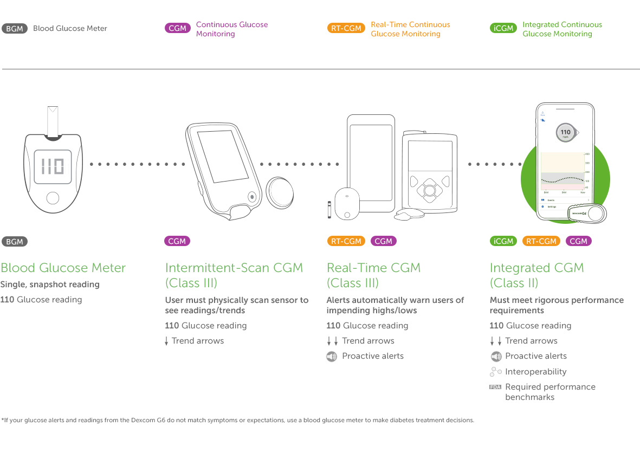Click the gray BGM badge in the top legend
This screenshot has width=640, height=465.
click(x=15, y=29)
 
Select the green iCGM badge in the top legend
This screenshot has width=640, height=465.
click(x=503, y=29)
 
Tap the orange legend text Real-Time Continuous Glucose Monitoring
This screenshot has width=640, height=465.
click(x=410, y=29)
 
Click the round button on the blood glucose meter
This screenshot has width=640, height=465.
click(x=53, y=198)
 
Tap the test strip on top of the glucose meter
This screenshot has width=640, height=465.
click(x=53, y=122)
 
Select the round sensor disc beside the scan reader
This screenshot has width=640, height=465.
click(x=280, y=193)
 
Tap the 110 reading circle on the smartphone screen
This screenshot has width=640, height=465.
click(x=565, y=133)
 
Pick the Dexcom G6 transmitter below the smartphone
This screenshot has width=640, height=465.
click(x=587, y=214)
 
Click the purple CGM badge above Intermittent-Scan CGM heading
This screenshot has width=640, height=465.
click(x=177, y=241)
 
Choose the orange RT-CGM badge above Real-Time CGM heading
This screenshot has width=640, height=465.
click(x=346, y=241)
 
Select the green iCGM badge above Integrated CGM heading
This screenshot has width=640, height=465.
click(x=503, y=241)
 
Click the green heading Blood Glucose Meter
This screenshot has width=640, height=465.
click(x=63, y=268)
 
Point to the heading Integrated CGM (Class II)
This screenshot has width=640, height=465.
click(x=536, y=275)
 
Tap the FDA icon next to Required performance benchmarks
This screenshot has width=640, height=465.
click(x=495, y=387)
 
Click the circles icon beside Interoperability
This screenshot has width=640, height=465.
click(x=495, y=372)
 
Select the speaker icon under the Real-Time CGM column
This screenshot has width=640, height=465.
click(x=332, y=357)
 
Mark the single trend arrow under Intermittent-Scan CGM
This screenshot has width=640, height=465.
click(x=166, y=341)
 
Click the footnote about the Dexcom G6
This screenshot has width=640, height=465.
click(x=237, y=420)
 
